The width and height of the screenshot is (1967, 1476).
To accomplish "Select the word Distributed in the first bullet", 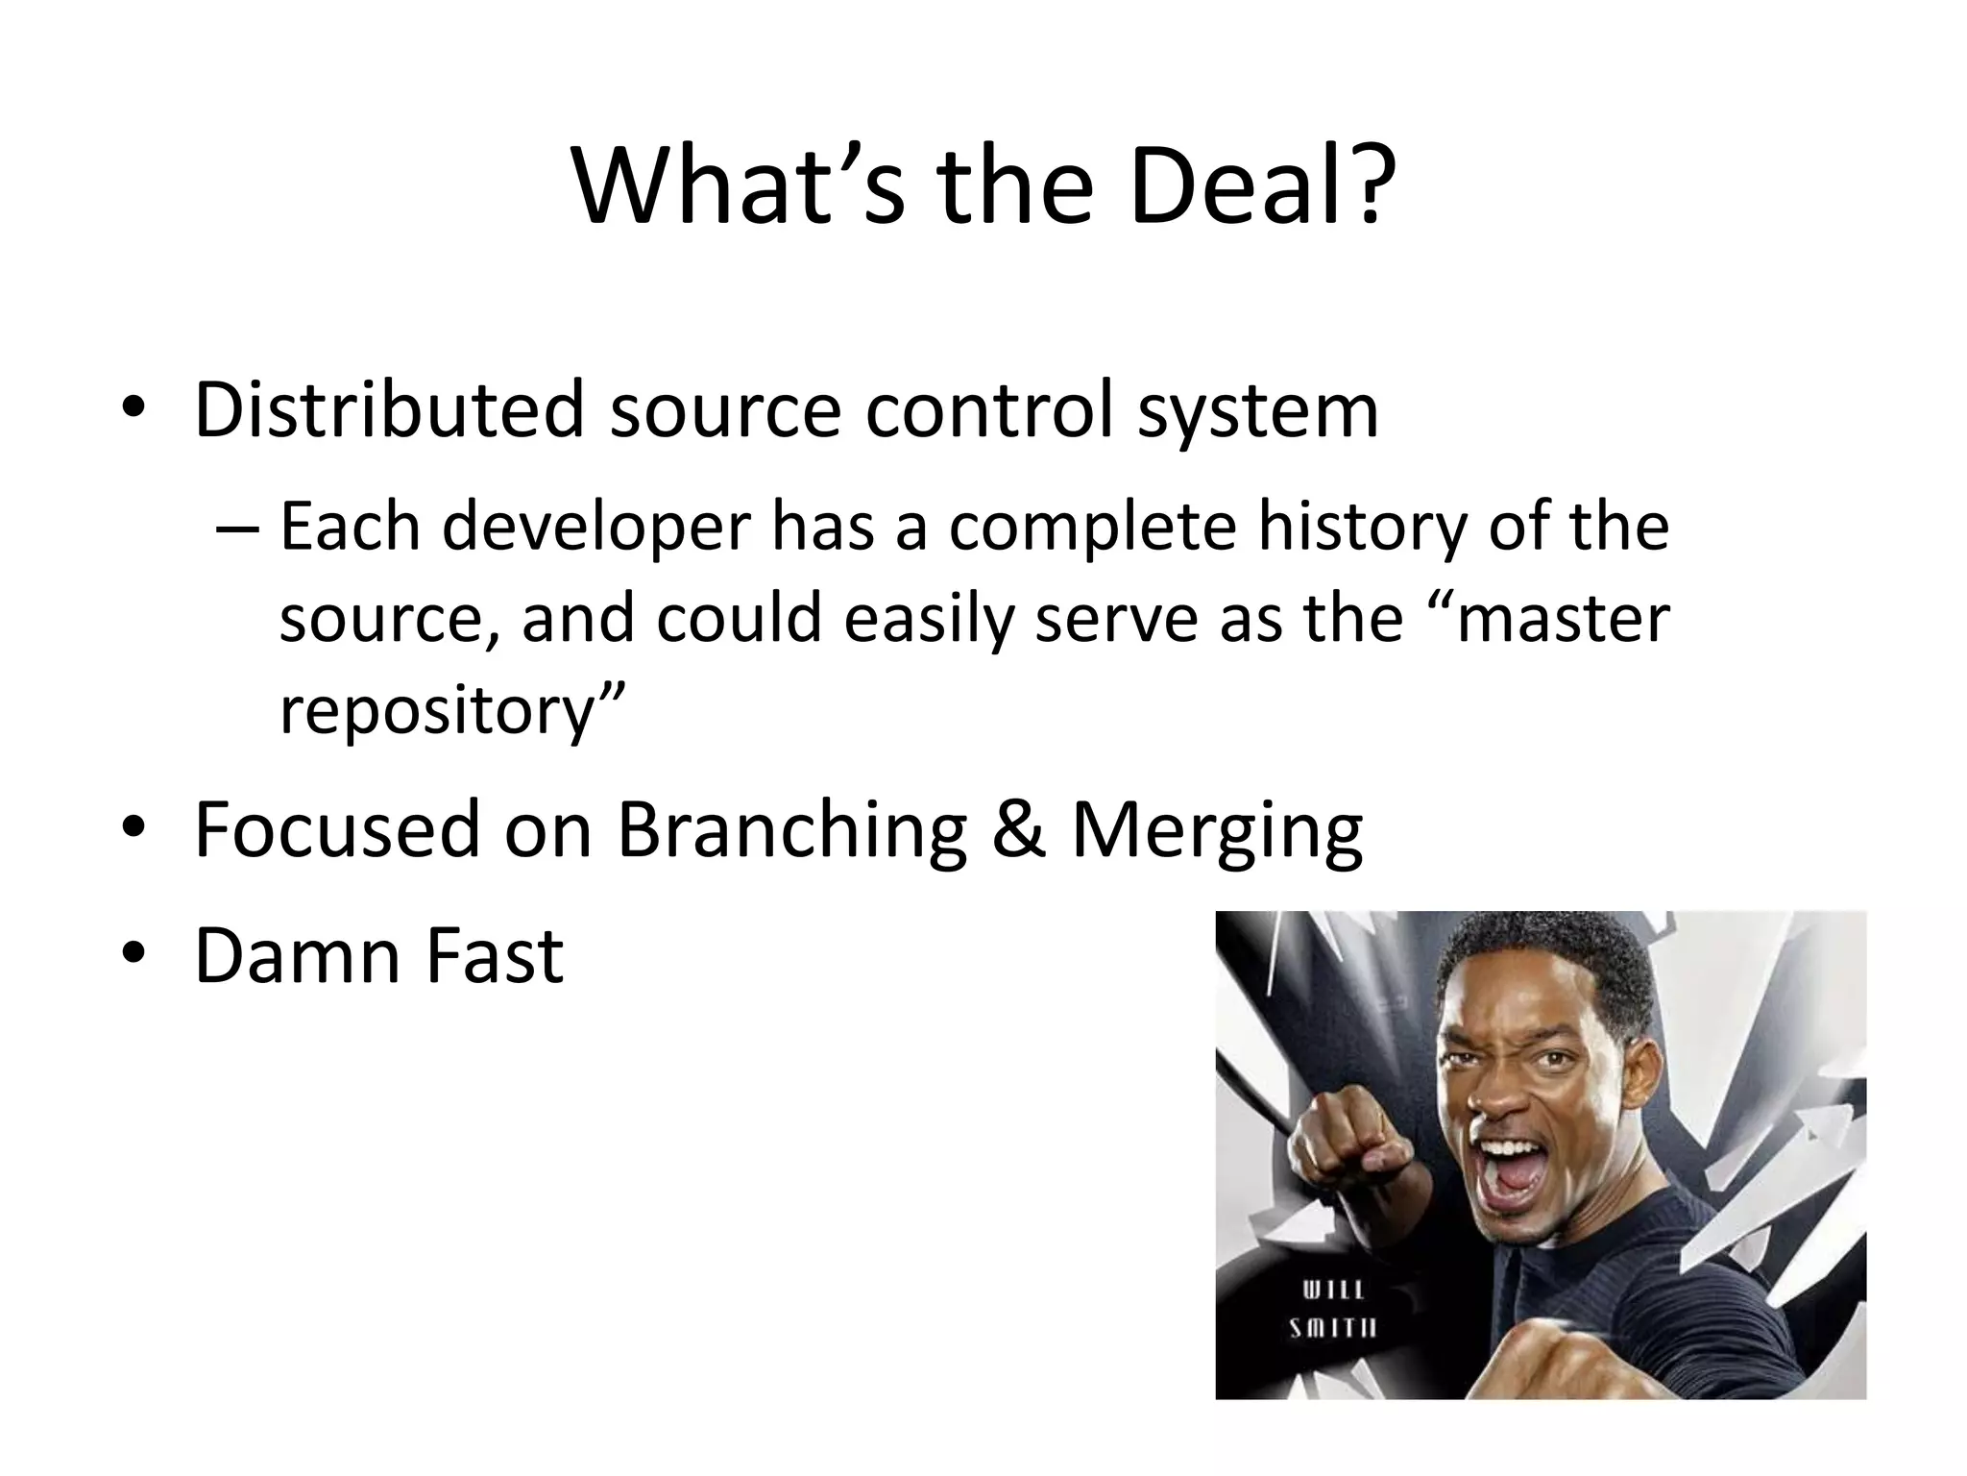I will [x=389, y=409].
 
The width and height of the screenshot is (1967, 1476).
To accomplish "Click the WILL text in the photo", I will [x=1333, y=1289].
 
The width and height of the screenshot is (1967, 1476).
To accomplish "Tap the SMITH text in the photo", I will [x=1333, y=1328].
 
